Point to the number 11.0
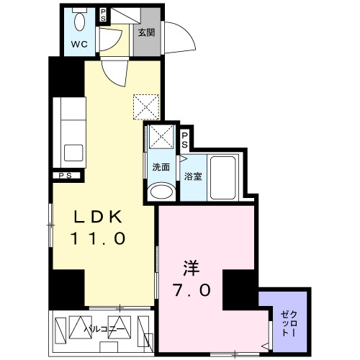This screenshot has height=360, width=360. [x=98, y=238]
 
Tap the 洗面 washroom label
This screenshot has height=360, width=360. [x=160, y=167]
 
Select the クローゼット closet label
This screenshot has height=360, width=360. [x=287, y=320]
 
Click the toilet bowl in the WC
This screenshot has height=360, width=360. [x=78, y=22]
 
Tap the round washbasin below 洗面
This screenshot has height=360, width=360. [x=161, y=192]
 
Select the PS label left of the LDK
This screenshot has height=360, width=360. [x=66, y=175]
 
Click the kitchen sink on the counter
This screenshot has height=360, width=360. [x=73, y=153]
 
